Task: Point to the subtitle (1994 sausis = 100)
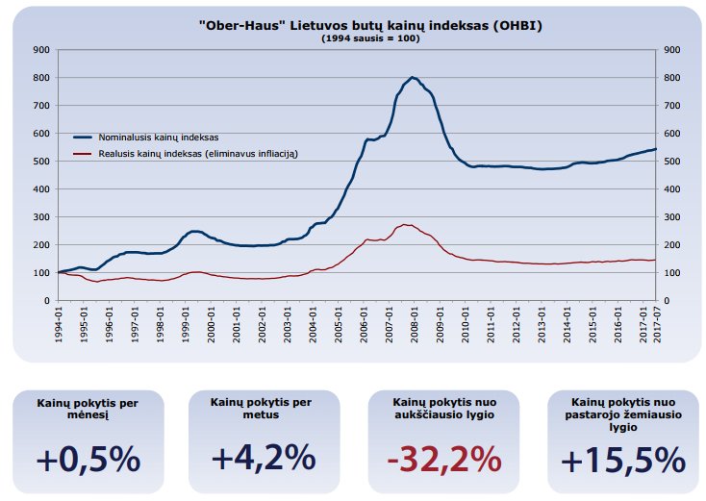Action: click(357, 38)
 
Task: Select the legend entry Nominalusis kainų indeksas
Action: click(160, 138)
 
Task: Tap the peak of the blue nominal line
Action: click(412, 77)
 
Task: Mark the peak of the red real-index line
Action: click(407, 225)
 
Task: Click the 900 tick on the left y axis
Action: click(41, 49)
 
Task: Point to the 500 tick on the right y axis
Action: click(672, 161)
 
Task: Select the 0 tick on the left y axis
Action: click(47, 301)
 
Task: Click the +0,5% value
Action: click(88, 459)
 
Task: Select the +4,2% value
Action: click(264, 459)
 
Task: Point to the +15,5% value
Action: click(622, 459)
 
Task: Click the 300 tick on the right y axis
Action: click(672, 217)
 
